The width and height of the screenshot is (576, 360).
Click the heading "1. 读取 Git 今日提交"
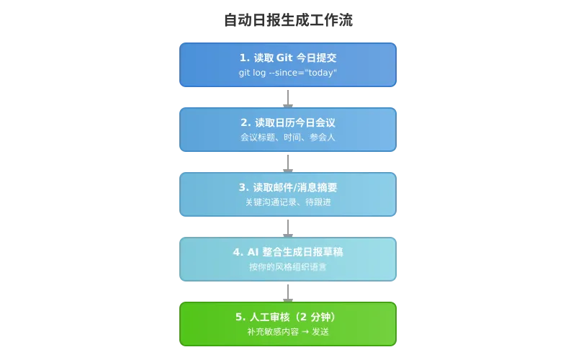coord(288,58)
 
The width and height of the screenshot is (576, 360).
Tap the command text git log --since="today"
coord(288,73)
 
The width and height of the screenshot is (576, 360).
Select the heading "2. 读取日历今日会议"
coord(288,122)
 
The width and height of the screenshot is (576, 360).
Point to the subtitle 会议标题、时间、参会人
coord(288,138)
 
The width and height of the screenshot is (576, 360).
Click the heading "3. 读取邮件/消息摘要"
coord(288,187)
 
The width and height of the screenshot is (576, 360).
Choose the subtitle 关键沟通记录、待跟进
coord(288,202)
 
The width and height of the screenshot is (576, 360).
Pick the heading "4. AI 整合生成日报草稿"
coord(288,252)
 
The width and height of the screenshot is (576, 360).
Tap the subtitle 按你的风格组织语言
coord(288,267)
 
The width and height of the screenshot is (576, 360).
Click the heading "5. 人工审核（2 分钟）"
coord(288,317)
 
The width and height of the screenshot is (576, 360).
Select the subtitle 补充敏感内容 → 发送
coord(288,332)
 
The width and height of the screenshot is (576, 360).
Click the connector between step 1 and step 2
coord(288,98)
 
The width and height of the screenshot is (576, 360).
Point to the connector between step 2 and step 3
coord(288,163)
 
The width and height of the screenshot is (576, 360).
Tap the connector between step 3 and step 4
coord(288,228)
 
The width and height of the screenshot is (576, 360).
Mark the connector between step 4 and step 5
coord(288,292)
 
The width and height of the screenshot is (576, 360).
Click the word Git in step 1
coord(285,58)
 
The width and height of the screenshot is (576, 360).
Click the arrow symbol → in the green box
coord(305,332)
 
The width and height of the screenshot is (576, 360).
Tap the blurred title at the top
coord(290,20)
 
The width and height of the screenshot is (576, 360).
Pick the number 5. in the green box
coord(240,317)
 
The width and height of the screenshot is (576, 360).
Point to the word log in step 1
coord(258,73)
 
